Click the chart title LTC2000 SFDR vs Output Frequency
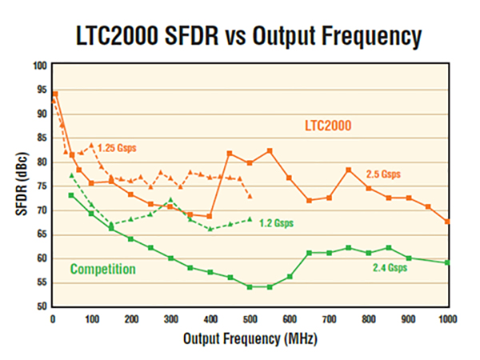240,36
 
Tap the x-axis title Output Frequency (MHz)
250,338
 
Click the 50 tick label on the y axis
42,306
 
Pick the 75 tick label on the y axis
42,186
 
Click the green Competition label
103,270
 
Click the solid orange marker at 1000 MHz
448,222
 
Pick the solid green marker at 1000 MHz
448,262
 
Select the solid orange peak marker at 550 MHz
270,150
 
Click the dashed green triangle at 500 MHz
250,218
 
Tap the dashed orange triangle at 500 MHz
250,196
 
